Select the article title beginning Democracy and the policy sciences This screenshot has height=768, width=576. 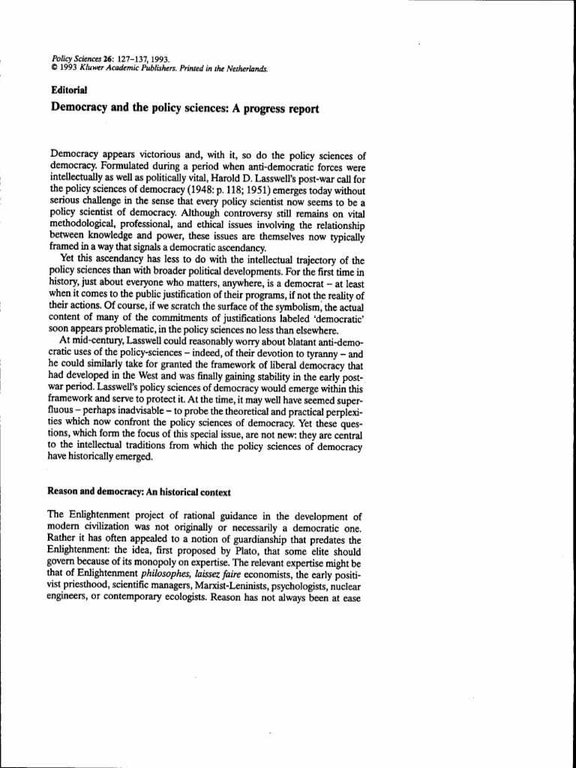pos(184,109)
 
